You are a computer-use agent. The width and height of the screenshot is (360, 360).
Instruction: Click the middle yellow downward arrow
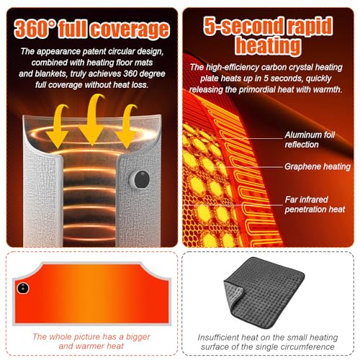pyautogui.click(x=92, y=122)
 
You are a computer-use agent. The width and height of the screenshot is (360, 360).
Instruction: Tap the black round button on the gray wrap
pyautogui.click(x=142, y=179)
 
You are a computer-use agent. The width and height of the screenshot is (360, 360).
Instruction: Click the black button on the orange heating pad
pyautogui.click(x=23, y=288)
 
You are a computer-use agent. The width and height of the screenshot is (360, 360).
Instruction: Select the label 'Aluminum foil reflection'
pyautogui.click(x=310, y=140)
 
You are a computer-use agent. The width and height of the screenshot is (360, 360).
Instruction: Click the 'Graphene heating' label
pyautogui.click(x=318, y=166)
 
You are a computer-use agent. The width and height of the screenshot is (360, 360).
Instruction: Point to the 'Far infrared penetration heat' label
pyautogui.click(x=315, y=204)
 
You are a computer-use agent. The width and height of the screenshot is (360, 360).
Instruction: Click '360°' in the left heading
pyautogui.click(x=35, y=29)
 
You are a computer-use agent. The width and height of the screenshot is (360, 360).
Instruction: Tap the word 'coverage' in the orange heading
pyautogui.click(x=130, y=30)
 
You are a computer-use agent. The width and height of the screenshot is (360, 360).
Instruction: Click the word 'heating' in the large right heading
pyautogui.click(x=268, y=46)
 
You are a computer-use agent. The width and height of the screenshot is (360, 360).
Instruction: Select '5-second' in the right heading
pyautogui.click(x=243, y=25)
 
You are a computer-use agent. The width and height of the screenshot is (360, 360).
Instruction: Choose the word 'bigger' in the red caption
pyautogui.click(x=138, y=337)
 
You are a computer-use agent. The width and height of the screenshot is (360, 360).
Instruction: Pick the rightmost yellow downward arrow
pyautogui.click(x=127, y=127)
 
